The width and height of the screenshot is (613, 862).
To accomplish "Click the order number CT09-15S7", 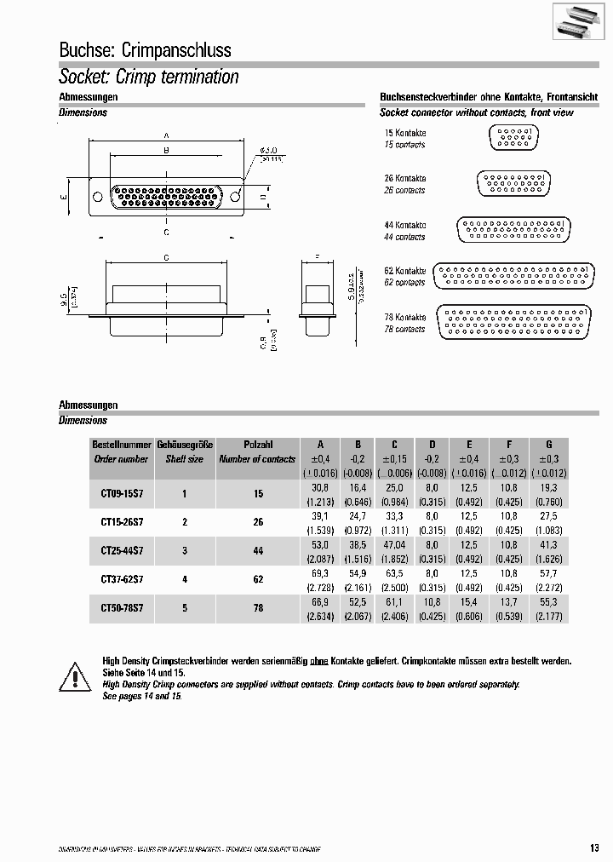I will click(122, 493).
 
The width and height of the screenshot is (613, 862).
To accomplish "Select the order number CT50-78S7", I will click(122, 609).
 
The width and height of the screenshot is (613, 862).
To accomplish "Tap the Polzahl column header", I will click(257, 445).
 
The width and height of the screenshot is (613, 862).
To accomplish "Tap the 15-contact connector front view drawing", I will click(513, 138).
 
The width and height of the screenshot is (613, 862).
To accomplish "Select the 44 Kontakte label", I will click(404, 226).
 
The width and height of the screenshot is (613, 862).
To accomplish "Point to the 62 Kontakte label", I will click(404, 271).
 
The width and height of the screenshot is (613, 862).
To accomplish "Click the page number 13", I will click(593, 847).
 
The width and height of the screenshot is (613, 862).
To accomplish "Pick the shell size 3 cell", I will click(184, 551).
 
